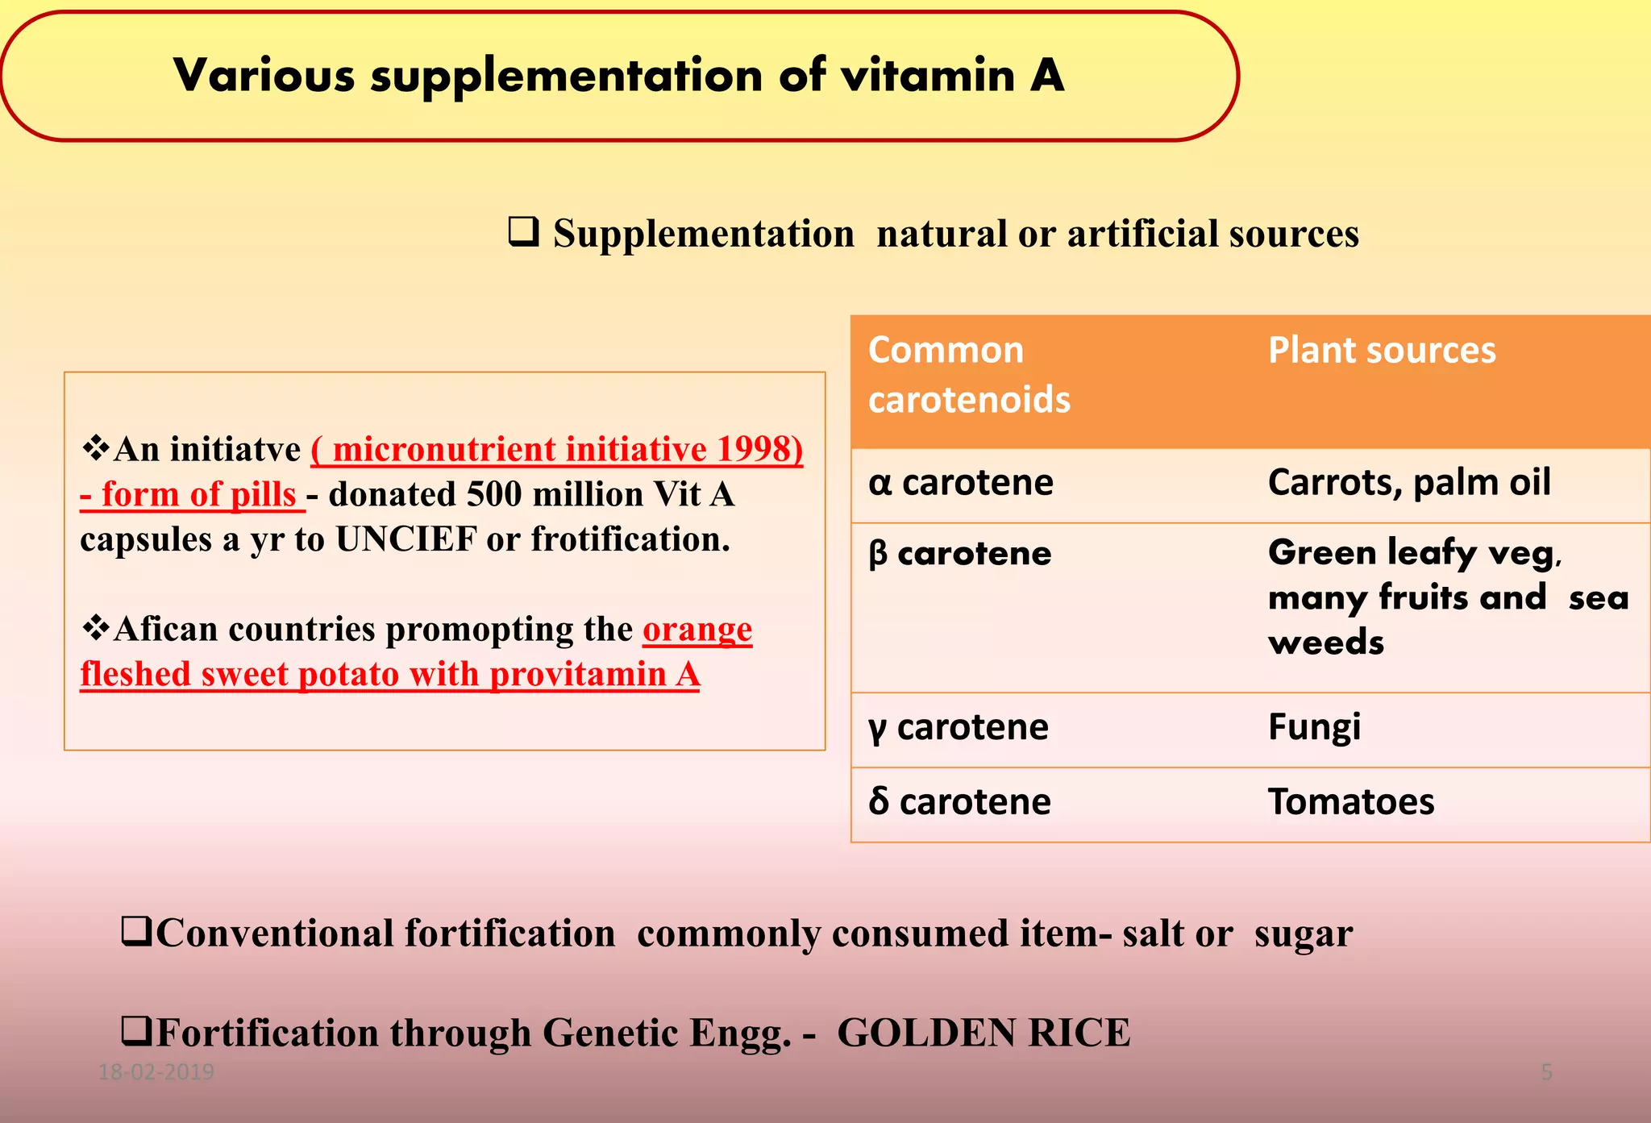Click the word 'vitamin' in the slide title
(928, 76)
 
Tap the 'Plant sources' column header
(1382, 351)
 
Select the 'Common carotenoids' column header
(968, 375)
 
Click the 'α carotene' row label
(960, 483)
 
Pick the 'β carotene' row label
(959, 554)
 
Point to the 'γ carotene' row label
(958, 727)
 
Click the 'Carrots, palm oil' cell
(1408, 483)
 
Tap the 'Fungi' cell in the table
(1314, 727)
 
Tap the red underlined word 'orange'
(697, 629)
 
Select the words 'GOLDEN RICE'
(984, 1033)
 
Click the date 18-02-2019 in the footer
(156, 1071)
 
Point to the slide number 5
(1546, 1071)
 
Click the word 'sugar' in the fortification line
(1303, 934)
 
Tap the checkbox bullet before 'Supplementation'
(523, 232)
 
